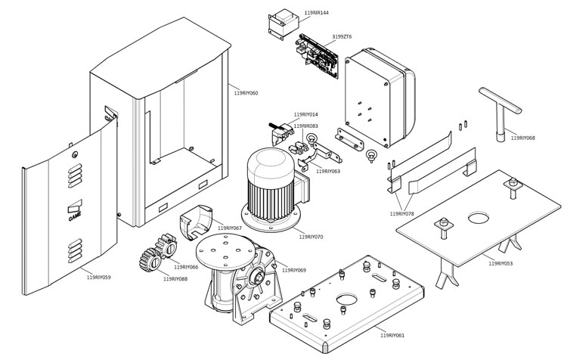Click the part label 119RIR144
[316, 14]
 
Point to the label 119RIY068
[522, 138]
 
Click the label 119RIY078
[401, 214]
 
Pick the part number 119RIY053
[500, 263]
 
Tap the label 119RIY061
[392, 334]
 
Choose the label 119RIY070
[311, 237]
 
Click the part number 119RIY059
[99, 278]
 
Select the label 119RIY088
[175, 279]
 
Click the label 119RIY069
[294, 270]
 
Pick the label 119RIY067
[230, 228]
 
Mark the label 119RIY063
[328, 171]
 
